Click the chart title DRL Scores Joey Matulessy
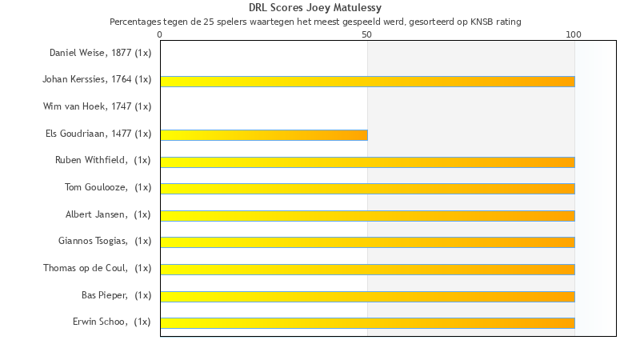[x=315, y=8]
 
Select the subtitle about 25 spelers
[x=315, y=22]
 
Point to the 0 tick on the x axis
[x=160, y=35]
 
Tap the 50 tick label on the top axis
[x=367, y=35]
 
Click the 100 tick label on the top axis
[x=574, y=35]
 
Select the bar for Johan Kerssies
[x=367, y=81]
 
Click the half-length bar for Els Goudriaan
[x=264, y=135]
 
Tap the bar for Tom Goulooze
[x=367, y=189]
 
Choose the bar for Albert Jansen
[x=367, y=216]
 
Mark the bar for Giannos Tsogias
[x=367, y=242]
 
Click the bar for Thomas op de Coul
[x=367, y=270]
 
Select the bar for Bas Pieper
[x=367, y=297]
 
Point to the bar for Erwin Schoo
[x=367, y=323]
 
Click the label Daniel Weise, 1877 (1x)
[x=100, y=53]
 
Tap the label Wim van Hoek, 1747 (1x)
[x=98, y=106]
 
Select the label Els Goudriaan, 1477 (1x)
[x=98, y=134]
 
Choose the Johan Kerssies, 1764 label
[x=97, y=79]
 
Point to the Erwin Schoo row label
[x=111, y=322]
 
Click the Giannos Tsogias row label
[x=105, y=241]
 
